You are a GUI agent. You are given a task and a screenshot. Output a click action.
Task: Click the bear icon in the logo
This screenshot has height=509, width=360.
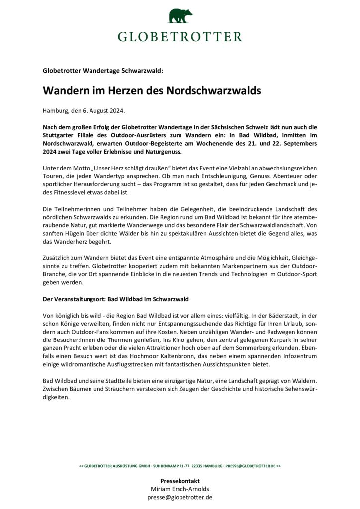click(x=180, y=16)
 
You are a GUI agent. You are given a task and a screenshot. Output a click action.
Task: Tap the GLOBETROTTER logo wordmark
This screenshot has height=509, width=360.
click(x=180, y=36)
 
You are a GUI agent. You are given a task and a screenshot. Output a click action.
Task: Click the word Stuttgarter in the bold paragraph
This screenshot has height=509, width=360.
click(x=59, y=135)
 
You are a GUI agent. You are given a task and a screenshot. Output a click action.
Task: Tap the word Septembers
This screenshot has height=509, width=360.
click(x=295, y=143)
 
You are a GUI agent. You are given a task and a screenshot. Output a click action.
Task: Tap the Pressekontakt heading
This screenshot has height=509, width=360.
click(x=180, y=481)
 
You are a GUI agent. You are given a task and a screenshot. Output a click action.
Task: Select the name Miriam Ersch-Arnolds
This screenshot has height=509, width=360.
click(x=180, y=489)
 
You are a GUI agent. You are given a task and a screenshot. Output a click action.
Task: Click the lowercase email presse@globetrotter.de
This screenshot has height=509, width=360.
click(x=180, y=497)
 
